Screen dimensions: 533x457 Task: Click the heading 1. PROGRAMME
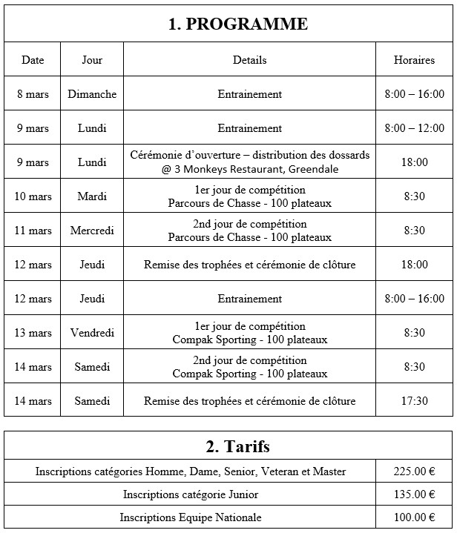237,24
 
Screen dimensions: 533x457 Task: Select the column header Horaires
414,60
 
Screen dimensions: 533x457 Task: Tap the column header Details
249,60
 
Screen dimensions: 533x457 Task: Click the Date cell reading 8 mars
33,94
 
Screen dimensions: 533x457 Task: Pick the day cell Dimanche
92,94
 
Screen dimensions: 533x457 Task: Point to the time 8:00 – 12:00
414,128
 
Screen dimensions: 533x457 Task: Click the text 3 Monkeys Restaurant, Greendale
256,169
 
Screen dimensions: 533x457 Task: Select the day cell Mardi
92,196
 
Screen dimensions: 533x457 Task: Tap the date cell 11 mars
33,231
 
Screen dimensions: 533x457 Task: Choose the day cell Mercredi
92,231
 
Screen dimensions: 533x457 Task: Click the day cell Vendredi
92,333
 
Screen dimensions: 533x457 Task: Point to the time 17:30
414,401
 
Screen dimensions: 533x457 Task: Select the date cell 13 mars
33,333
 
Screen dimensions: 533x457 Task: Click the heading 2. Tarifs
237,447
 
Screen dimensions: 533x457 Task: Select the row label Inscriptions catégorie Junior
191,494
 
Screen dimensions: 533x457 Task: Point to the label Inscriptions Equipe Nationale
191,517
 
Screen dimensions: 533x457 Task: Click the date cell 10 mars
33,196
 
